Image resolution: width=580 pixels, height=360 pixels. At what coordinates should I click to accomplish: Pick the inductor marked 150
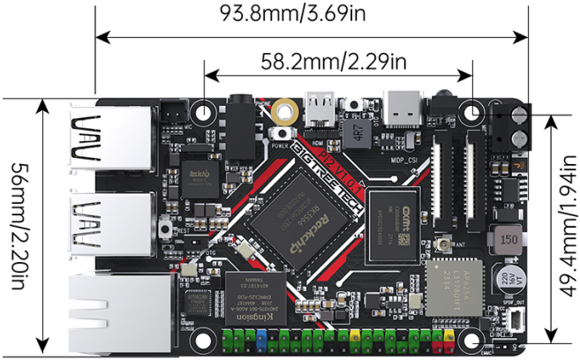click(506, 238)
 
